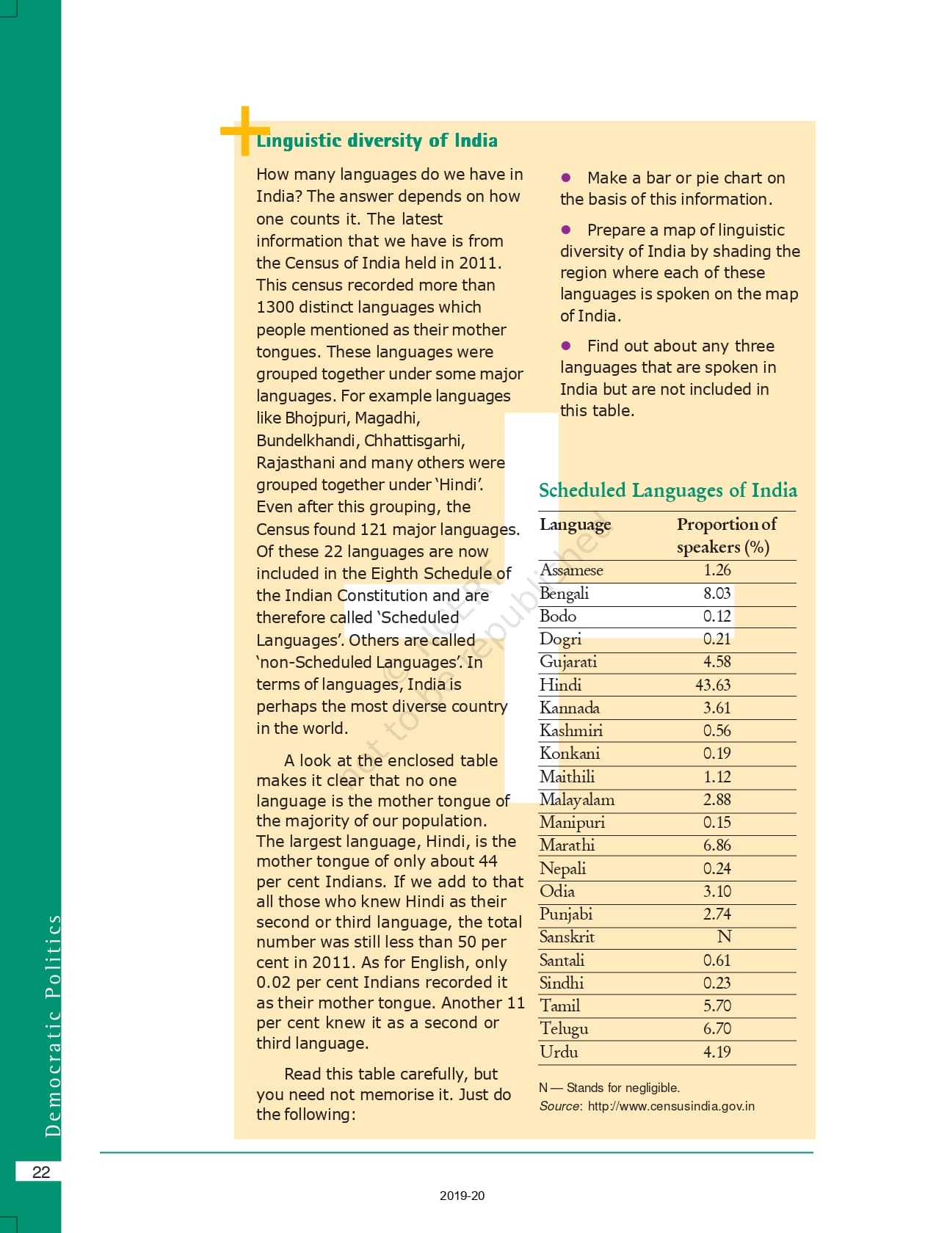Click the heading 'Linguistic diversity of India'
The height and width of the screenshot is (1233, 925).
(377, 140)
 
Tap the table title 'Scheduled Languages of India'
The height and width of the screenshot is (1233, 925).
(667, 490)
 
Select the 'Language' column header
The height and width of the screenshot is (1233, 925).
(575, 524)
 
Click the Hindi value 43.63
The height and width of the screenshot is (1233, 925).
(713, 685)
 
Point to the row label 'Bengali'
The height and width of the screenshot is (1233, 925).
(564, 593)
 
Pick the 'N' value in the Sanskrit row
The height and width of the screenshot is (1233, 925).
(724, 936)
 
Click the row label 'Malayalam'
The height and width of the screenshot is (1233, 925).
(577, 799)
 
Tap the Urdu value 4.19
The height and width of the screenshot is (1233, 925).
(717, 1052)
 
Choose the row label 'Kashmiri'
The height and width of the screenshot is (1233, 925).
(570, 730)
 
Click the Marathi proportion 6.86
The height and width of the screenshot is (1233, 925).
(717, 845)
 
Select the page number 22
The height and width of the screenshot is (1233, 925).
(41, 1172)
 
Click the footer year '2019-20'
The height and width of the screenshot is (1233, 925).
(462, 1196)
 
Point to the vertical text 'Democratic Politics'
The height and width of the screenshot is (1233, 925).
(53, 1025)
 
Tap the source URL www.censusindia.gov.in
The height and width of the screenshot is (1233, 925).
(671, 1106)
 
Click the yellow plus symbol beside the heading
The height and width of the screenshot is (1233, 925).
(244, 131)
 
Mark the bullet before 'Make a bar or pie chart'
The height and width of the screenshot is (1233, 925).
(566, 178)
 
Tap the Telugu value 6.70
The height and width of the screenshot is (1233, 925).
(717, 1028)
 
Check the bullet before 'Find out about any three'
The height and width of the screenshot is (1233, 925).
(566, 346)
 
